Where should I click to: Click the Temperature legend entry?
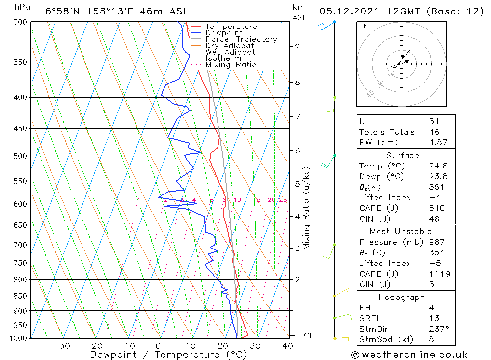(x=231, y=27)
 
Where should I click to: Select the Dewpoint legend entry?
(x=224, y=33)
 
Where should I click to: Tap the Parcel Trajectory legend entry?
(x=241, y=39)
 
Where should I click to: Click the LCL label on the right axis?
(x=306, y=336)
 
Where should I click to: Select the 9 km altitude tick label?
(x=297, y=47)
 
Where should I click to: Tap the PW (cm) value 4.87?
(x=437, y=142)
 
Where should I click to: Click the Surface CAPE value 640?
(x=436, y=208)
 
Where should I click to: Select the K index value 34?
(x=434, y=121)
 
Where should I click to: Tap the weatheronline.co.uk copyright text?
(x=409, y=355)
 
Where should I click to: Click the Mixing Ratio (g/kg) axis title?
(x=306, y=208)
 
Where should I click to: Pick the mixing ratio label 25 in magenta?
(x=283, y=200)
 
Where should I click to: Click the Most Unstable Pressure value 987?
(x=436, y=242)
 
